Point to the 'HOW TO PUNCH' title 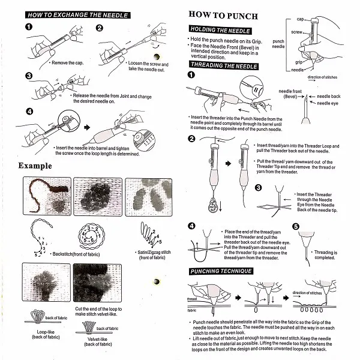[217, 13]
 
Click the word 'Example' [35, 166]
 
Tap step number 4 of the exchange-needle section [29, 111]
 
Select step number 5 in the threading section [295, 227]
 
